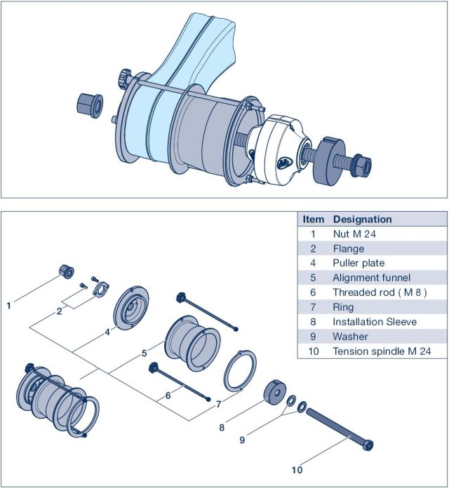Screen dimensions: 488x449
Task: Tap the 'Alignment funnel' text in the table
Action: [x=371, y=278]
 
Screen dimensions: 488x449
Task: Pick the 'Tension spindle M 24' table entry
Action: [x=382, y=351]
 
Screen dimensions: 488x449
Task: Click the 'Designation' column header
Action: [x=362, y=219]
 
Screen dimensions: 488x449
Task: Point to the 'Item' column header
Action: [x=313, y=219]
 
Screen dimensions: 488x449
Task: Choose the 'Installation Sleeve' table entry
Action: [x=375, y=322]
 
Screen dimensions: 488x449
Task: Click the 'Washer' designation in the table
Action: [x=350, y=337]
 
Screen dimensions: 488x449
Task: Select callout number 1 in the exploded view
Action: [x=8, y=305]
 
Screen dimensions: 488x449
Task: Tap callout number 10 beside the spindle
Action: [x=297, y=470]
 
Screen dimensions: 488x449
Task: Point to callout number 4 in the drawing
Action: [x=107, y=333]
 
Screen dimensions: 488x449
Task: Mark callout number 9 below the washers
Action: [x=243, y=440]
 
